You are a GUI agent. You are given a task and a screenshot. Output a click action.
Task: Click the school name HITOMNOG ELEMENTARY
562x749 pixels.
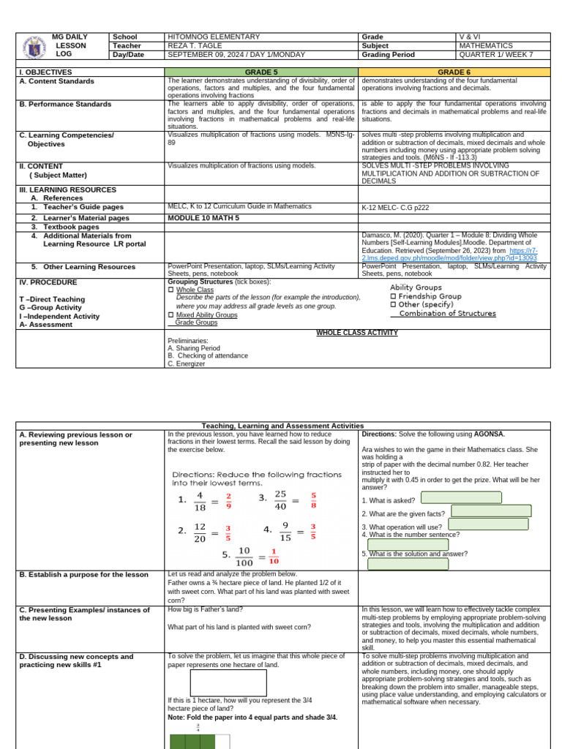pos(214,37)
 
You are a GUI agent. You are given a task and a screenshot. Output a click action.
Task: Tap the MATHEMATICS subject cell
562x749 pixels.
pos(485,45)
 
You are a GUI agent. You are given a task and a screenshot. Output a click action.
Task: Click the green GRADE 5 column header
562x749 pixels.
pos(261,72)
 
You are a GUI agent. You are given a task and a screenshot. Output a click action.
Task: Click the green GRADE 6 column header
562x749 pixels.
pos(454,72)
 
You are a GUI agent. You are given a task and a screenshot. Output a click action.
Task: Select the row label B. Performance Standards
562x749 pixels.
pos(65,105)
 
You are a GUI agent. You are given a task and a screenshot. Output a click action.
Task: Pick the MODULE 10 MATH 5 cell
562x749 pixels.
pos(203,218)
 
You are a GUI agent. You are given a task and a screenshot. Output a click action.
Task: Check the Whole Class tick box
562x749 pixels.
pos(171,290)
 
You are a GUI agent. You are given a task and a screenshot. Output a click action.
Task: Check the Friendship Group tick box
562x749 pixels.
pos(393,296)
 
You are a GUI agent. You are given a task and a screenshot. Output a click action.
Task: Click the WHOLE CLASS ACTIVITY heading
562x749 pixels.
pos(356,333)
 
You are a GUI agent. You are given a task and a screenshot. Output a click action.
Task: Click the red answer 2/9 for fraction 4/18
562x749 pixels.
pos(228,501)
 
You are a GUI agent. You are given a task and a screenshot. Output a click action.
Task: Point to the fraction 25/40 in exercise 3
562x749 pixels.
pos(280,500)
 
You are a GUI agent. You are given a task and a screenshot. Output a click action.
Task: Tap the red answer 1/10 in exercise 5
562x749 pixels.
pos(274,557)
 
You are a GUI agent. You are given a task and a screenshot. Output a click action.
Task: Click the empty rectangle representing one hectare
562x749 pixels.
pos(228,682)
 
